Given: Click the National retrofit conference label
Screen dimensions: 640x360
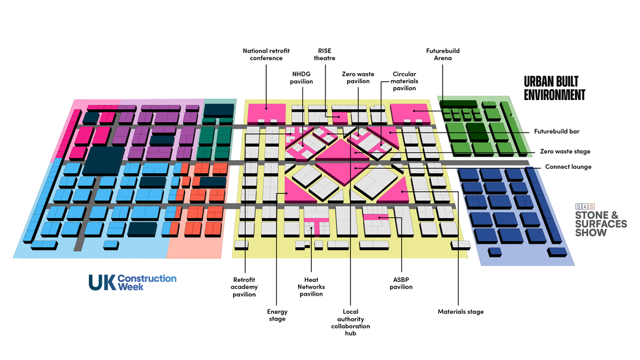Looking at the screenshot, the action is tap(266, 54).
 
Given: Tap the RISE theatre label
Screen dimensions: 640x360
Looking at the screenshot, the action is tap(324, 54).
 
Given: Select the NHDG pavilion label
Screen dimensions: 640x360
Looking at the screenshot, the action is tap(301, 77).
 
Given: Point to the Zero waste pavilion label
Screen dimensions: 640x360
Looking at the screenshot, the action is tap(358, 77).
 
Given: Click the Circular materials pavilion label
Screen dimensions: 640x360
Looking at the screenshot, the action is tap(404, 81).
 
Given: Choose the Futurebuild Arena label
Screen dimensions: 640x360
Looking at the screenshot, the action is tap(443, 54).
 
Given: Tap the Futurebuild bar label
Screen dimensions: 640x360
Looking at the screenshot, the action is tap(557, 131).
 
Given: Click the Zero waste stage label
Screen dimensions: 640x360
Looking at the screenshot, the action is tap(565, 151).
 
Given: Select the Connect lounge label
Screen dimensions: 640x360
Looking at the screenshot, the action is tap(568, 166).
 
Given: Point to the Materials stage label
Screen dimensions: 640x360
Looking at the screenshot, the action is tap(461, 311).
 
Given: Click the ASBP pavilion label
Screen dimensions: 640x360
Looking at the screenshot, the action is tap(401, 283).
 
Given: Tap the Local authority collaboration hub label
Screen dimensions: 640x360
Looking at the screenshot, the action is tap(351, 322).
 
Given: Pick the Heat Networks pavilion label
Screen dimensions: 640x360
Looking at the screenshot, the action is tap(311, 286).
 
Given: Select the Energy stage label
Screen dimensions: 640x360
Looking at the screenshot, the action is tap(277, 315).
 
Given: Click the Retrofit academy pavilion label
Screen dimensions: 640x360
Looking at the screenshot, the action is tap(244, 287).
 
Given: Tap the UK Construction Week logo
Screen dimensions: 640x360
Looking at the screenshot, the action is tap(132, 282).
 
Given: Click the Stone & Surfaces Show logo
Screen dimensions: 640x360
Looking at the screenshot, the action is tap(601, 220).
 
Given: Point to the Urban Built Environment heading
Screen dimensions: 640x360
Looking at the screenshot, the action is tap(554, 88).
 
